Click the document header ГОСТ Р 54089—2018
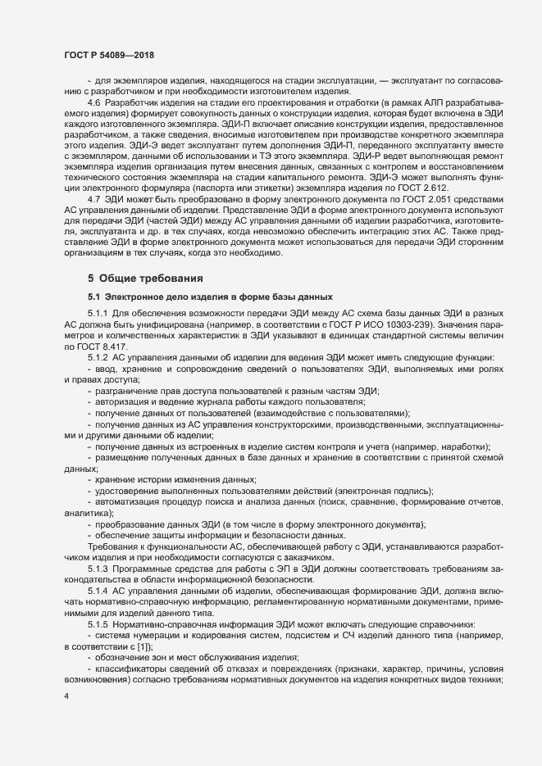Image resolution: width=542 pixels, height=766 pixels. pos(109,54)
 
